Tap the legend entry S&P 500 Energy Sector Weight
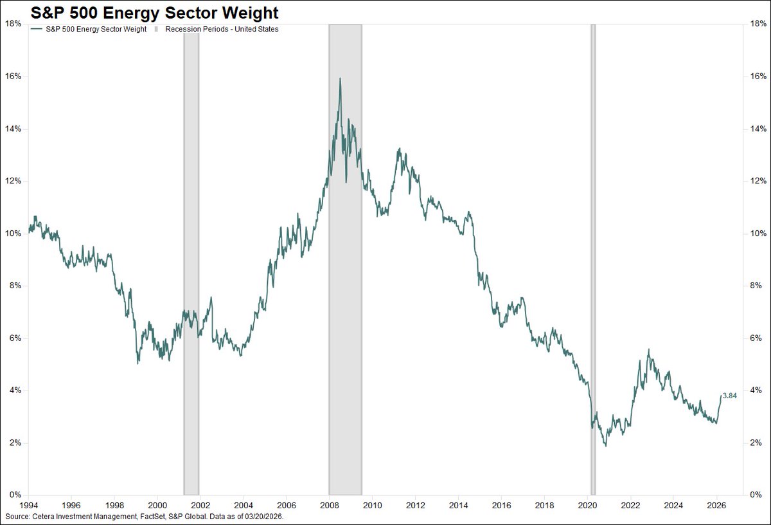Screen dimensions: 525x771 (93, 29)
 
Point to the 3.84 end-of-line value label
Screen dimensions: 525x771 (729, 396)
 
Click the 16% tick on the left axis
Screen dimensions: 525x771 (13, 76)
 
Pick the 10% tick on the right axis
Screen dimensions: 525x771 (756, 234)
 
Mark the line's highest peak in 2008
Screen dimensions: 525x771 (339, 78)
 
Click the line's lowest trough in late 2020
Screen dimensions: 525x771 (605, 445)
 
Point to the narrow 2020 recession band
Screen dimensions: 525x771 (593, 257)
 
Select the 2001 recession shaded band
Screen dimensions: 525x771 (191, 257)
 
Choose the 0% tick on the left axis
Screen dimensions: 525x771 (15, 495)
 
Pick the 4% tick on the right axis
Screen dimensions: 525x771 (754, 391)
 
